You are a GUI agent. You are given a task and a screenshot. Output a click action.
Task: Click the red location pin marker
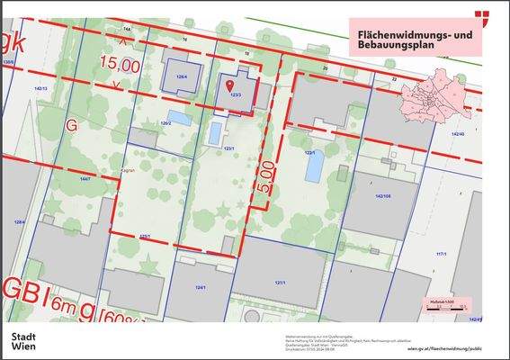point(235,84)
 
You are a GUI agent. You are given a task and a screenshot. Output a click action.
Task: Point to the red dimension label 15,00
point(120,65)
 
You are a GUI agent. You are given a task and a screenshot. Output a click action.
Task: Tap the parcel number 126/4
point(181,77)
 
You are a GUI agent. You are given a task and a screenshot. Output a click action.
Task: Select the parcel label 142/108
point(385,194)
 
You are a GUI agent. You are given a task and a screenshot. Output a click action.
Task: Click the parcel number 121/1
point(281,283)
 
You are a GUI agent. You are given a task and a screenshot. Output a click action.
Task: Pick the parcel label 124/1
point(201,288)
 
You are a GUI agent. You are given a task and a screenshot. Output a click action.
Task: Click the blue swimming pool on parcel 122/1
point(312,169)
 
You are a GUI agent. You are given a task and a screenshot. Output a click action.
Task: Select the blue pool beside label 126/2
point(180,118)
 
